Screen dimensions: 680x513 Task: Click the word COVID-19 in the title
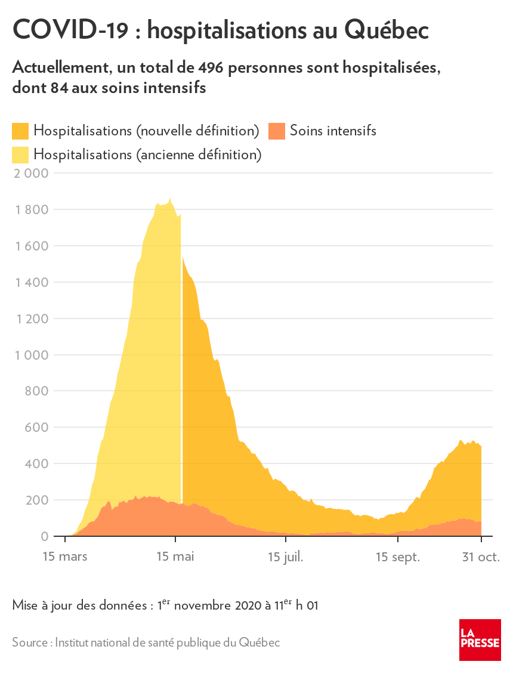(70, 30)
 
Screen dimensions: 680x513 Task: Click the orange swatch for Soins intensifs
(277, 131)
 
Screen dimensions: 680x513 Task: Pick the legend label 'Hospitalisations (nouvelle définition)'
(146, 131)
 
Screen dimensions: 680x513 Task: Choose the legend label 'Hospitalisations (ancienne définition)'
(148, 155)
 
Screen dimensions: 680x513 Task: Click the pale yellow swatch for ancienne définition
(21, 155)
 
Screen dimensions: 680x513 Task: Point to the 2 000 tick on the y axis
(30, 174)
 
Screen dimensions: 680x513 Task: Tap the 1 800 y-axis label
(31, 210)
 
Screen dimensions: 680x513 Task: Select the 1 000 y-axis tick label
(31, 355)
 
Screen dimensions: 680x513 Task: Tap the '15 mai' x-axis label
(175, 557)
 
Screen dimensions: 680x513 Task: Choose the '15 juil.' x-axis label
(286, 557)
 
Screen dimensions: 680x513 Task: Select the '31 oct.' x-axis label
(480, 557)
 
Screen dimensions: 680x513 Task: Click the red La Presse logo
(480, 639)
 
